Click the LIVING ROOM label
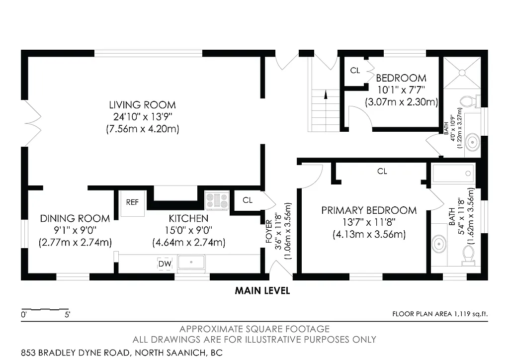[142, 105]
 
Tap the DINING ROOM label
[75, 218]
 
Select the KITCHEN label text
[188, 218]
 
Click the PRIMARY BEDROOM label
[369, 210]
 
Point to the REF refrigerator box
[132, 202]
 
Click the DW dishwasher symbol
[164, 264]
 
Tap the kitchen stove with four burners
[217, 201]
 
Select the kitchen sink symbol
[192, 262]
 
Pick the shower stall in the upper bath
[462, 73]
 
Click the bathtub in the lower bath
[452, 174]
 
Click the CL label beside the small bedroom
[355, 71]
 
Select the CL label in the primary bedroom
[382, 172]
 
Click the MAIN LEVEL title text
[262, 291]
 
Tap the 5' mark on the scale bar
[67, 314]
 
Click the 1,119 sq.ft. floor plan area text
[469, 314]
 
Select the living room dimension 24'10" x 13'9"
[142, 117]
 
